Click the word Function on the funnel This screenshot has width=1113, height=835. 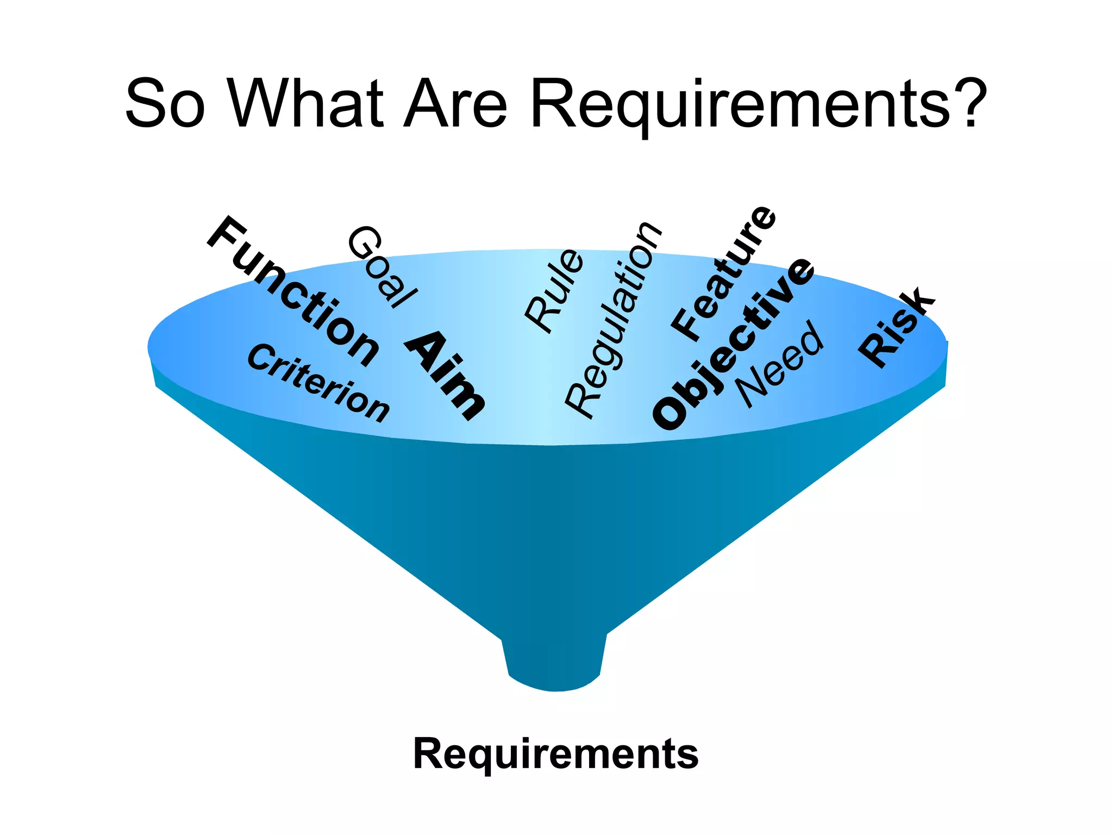293,291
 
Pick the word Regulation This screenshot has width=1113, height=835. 613,321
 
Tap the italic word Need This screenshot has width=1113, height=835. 780,364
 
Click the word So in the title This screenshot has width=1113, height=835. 165,103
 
